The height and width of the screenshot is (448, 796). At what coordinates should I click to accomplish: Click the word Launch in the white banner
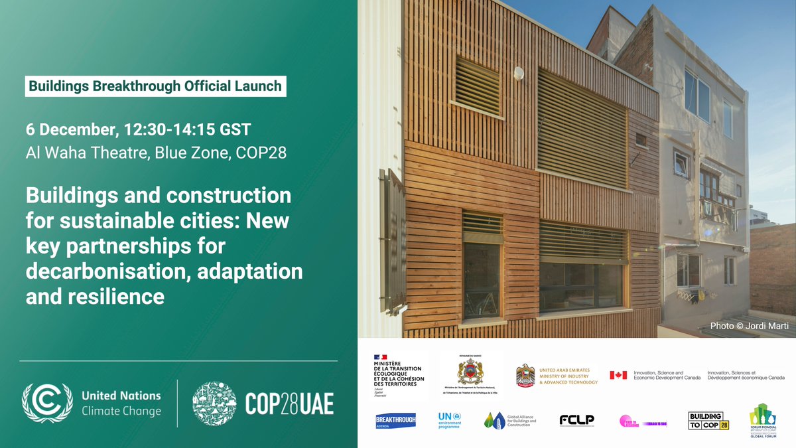coord(257,86)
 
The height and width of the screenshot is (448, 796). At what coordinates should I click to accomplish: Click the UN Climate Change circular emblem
coord(48,403)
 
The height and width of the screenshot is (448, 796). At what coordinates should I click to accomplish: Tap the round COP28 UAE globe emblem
coord(214,403)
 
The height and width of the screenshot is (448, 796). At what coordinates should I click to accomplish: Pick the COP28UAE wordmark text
coord(289,403)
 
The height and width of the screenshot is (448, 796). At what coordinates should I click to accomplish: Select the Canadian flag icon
coord(618,375)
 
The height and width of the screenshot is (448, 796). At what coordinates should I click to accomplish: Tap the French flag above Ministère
coord(380,358)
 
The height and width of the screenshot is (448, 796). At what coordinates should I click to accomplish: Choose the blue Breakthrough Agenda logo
coord(396,421)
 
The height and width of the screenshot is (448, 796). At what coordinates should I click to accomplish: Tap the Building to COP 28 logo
coord(708,421)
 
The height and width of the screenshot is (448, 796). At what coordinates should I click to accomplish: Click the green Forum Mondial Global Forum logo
coord(762,421)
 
